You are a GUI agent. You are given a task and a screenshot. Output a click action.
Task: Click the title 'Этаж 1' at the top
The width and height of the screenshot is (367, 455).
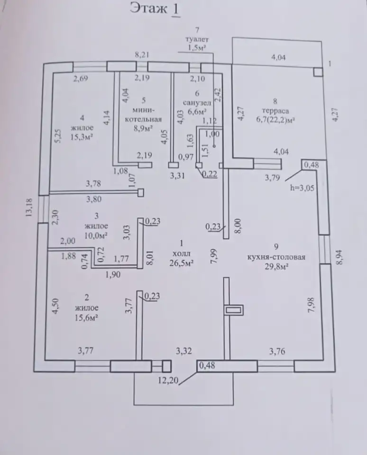155,9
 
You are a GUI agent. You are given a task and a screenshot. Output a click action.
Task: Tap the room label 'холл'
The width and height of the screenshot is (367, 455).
182,253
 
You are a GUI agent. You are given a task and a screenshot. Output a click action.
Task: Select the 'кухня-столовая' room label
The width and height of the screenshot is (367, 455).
276,257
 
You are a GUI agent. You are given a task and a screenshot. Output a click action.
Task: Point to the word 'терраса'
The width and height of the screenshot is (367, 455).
275,111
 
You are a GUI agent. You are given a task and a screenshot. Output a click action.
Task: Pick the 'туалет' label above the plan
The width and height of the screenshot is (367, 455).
197,39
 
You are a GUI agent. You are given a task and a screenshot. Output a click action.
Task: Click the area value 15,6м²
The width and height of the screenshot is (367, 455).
86,318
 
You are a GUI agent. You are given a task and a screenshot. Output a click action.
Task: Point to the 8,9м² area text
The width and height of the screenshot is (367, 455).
143,128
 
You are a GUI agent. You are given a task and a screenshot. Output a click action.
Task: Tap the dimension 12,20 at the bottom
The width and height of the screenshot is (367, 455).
168,381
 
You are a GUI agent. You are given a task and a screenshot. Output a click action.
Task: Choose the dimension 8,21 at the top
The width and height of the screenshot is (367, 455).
142,55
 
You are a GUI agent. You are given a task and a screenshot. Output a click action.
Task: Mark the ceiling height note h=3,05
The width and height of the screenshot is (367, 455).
302,188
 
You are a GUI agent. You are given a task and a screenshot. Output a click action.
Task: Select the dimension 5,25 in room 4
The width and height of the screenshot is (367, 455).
57,136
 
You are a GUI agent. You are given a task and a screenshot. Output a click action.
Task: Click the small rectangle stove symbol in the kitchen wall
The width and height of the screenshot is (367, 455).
233,310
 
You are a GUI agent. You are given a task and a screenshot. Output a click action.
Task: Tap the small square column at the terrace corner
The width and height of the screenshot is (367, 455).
318,72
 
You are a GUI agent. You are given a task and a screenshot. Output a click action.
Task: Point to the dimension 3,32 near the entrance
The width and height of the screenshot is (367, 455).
184,351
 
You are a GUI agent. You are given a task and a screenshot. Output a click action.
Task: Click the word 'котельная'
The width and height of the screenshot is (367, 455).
143,119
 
